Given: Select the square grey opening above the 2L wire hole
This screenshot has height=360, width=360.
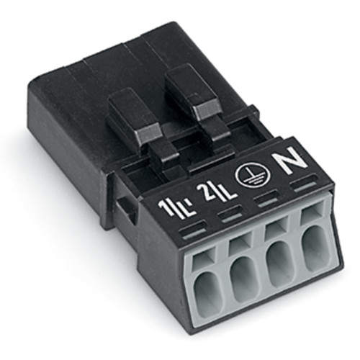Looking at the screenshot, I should [x=238, y=243].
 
